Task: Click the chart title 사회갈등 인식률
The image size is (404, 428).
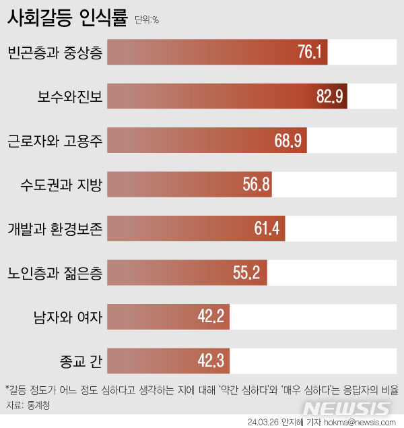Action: pos(67,18)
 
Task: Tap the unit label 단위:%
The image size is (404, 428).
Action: pos(147,20)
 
